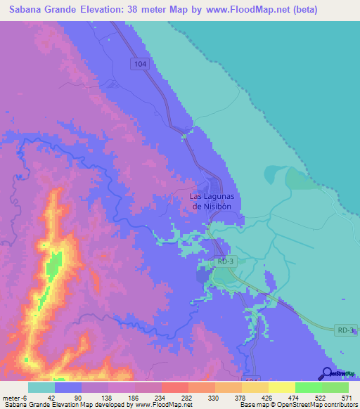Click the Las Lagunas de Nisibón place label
215,201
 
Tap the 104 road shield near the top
141,64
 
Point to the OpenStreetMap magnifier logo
328,373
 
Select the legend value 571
345,396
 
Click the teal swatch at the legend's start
41,387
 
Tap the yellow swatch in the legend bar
282,387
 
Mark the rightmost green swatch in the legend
335,387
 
